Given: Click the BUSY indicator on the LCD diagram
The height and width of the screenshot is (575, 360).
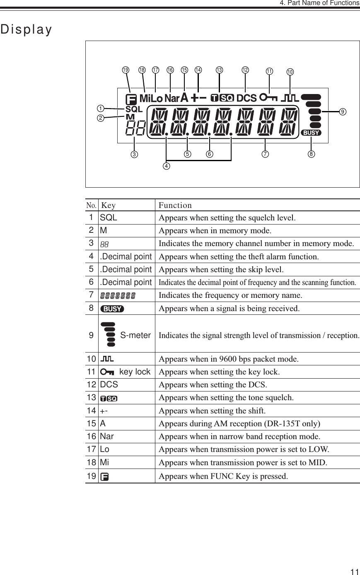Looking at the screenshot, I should [x=311, y=133].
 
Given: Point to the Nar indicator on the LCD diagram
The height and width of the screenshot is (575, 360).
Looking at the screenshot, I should [x=172, y=99].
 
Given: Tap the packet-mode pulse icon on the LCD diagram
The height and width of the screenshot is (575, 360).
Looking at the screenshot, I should [x=290, y=99].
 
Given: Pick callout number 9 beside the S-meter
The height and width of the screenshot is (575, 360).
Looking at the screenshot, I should [x=342, y=112].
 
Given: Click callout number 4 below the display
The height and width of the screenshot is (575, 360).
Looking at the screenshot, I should [x=166, y=167].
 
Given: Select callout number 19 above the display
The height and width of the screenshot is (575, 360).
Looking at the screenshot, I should [x=125, y=70].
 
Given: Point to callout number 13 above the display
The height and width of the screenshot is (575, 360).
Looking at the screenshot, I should [x=219, y=70].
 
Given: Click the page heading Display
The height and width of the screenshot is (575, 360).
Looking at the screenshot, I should [x=27, y=30].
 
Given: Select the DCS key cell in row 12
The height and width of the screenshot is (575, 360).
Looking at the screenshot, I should [x=109, y=384].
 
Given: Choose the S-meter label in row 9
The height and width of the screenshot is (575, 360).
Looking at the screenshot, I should [x=135, y=335].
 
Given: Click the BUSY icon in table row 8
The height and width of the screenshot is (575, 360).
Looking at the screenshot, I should [x=112, y=309].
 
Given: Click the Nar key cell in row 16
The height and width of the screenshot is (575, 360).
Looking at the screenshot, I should [x=107, y=436].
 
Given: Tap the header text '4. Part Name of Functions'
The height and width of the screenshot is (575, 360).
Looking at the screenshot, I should [x=319, y=3].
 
